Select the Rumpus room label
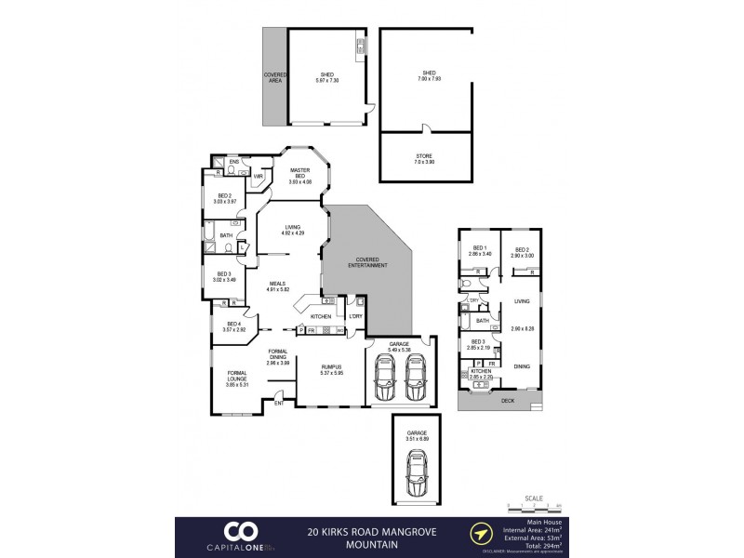(332, 368)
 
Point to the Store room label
(423, 156)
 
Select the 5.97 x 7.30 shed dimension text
(326, 80)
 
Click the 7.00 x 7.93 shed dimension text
(429, 77)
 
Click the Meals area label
(278, 286)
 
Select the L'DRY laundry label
(355, 316)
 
